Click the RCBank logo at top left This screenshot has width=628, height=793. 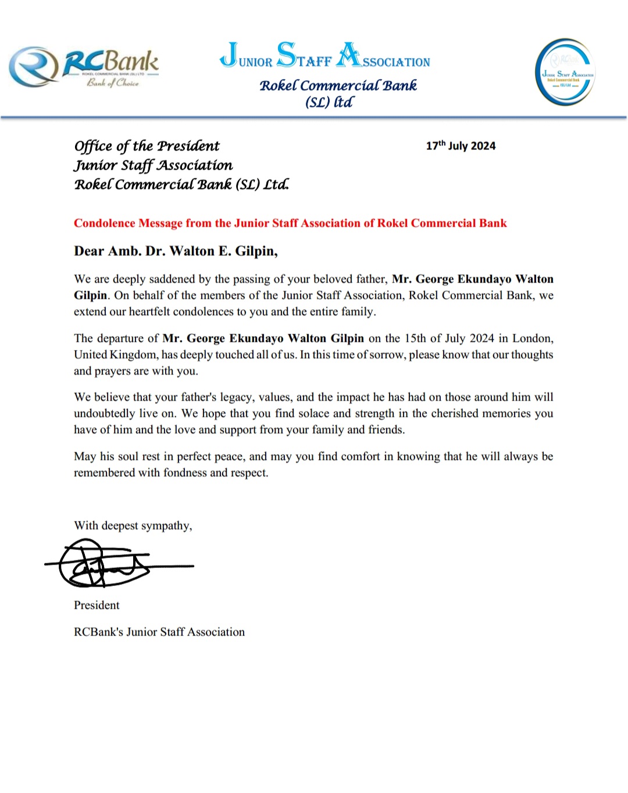click(x=84, y=67)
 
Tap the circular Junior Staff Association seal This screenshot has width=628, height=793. click(x=565, y=72)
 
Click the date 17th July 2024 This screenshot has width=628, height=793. click(x=461, y=145)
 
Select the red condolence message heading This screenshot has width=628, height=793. click(x=290, y=223)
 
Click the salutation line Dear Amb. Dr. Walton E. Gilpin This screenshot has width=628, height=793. click(x=176, y=251)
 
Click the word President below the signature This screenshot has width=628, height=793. click(x=97, y=605)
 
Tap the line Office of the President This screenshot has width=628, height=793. click(x=147, y=146)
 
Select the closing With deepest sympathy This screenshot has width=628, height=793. click(x=133, y=526)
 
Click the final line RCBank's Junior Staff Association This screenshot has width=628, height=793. click(x=159, y=632)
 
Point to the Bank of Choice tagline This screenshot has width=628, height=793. click(x=113, y=83)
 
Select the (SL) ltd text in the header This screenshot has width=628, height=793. click(x=329, y=102)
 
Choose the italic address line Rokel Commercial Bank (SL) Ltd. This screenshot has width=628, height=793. click(x=181, y=185)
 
